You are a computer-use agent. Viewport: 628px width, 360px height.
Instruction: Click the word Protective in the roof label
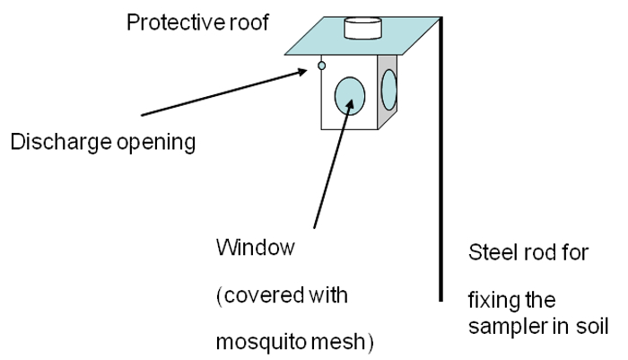tap(176, 22)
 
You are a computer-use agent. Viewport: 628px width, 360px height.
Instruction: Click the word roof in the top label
tap(249, 22)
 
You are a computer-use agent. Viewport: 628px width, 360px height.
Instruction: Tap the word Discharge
tap(61, 143)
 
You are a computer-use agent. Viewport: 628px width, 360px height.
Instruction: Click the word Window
tap(256, 248)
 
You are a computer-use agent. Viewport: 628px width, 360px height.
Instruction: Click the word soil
tap(592, 326)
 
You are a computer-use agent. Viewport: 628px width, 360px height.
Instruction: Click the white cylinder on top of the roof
tap(362, 29)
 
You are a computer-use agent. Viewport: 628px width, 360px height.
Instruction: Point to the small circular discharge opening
tap(321, 66)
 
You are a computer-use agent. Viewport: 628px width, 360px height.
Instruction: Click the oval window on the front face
tap(350, 96)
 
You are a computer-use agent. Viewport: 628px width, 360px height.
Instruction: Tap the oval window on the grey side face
tap(388, 90)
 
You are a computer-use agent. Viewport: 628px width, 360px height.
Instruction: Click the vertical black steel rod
tap(441, 159)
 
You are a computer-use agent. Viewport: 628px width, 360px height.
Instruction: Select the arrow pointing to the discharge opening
tap(224, 92)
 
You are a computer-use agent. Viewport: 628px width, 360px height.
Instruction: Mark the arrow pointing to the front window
tap(334, 163)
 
